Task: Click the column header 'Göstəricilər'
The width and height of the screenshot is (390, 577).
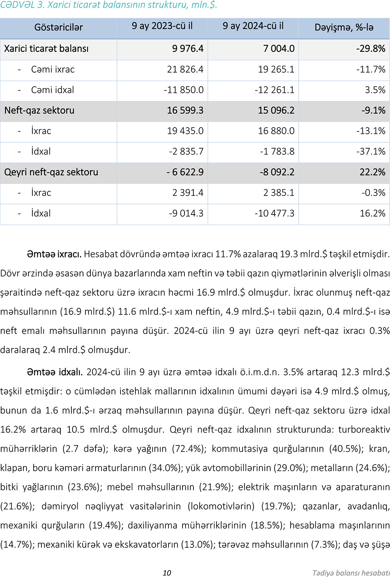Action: [58, 27]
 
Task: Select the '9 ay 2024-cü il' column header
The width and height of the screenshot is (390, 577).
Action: [253, 26]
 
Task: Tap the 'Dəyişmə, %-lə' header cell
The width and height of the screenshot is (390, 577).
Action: [344, 27]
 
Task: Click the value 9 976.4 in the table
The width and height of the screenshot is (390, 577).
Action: [188, 49]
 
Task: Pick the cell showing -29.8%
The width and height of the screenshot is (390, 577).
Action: [370, 49]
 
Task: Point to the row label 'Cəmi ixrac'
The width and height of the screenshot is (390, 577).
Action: [53, 69]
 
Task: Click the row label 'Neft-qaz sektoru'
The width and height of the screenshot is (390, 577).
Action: [39, 110]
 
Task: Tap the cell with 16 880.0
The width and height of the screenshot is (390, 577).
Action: [276, 131]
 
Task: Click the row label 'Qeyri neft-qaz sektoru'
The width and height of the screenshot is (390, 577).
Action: [51, 172]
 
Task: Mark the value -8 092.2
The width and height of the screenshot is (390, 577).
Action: [277, 172]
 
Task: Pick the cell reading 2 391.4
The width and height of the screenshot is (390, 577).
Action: [188, 193]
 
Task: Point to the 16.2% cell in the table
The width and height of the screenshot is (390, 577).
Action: [372, 213]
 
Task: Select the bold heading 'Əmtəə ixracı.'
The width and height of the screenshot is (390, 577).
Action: [54, 254]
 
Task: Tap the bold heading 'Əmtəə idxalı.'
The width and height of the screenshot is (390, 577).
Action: [55, 372]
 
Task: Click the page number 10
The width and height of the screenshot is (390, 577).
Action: [167, 573]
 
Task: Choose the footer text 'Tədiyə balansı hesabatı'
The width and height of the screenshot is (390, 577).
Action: [351, 573]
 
